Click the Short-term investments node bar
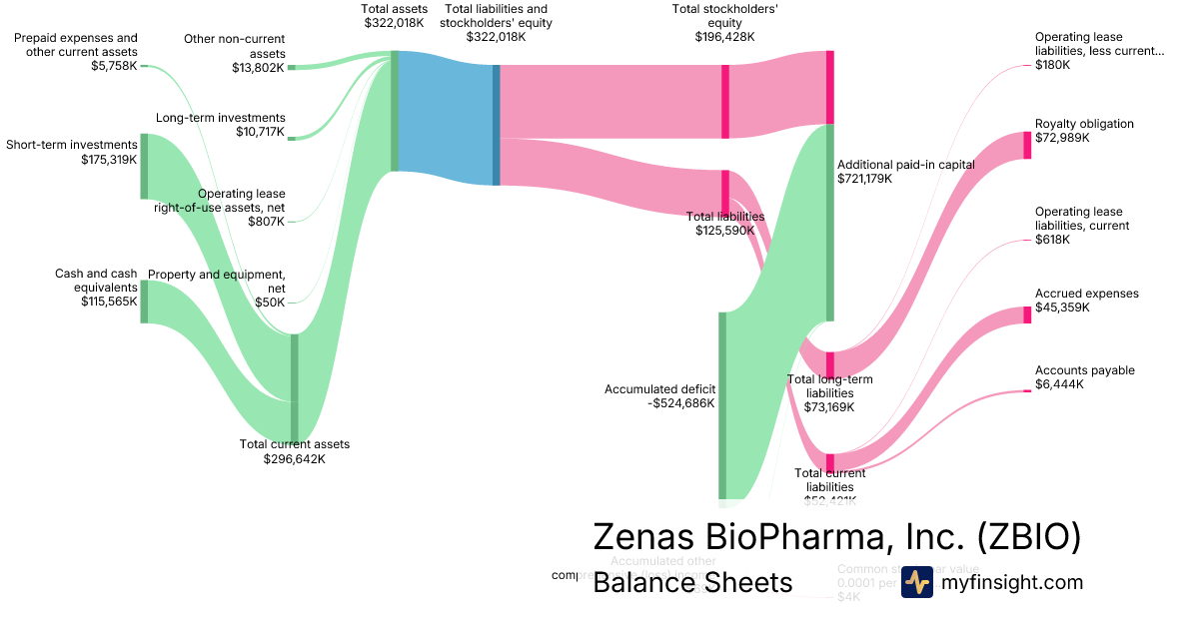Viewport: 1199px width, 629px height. (144, 166)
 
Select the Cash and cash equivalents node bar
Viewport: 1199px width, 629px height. (144, 302)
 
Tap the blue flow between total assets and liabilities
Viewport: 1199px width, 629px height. (446, 118)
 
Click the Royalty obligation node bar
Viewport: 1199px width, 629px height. (1027, 145)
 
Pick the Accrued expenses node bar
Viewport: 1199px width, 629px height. (1027, 315)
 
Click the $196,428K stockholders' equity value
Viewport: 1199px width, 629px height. (724, 37)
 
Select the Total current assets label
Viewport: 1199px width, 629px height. (295, 444)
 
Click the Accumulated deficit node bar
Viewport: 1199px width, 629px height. (722, 404)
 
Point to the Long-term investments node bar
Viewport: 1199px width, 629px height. (292, 138)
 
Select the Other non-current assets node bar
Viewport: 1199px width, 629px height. (292, 67)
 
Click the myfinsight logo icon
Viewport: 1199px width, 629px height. (916, 582)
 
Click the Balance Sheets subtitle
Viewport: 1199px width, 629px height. (692, 582)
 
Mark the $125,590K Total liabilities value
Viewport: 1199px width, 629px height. (724, 231)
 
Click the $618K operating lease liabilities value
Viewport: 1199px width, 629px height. (1052, 240)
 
